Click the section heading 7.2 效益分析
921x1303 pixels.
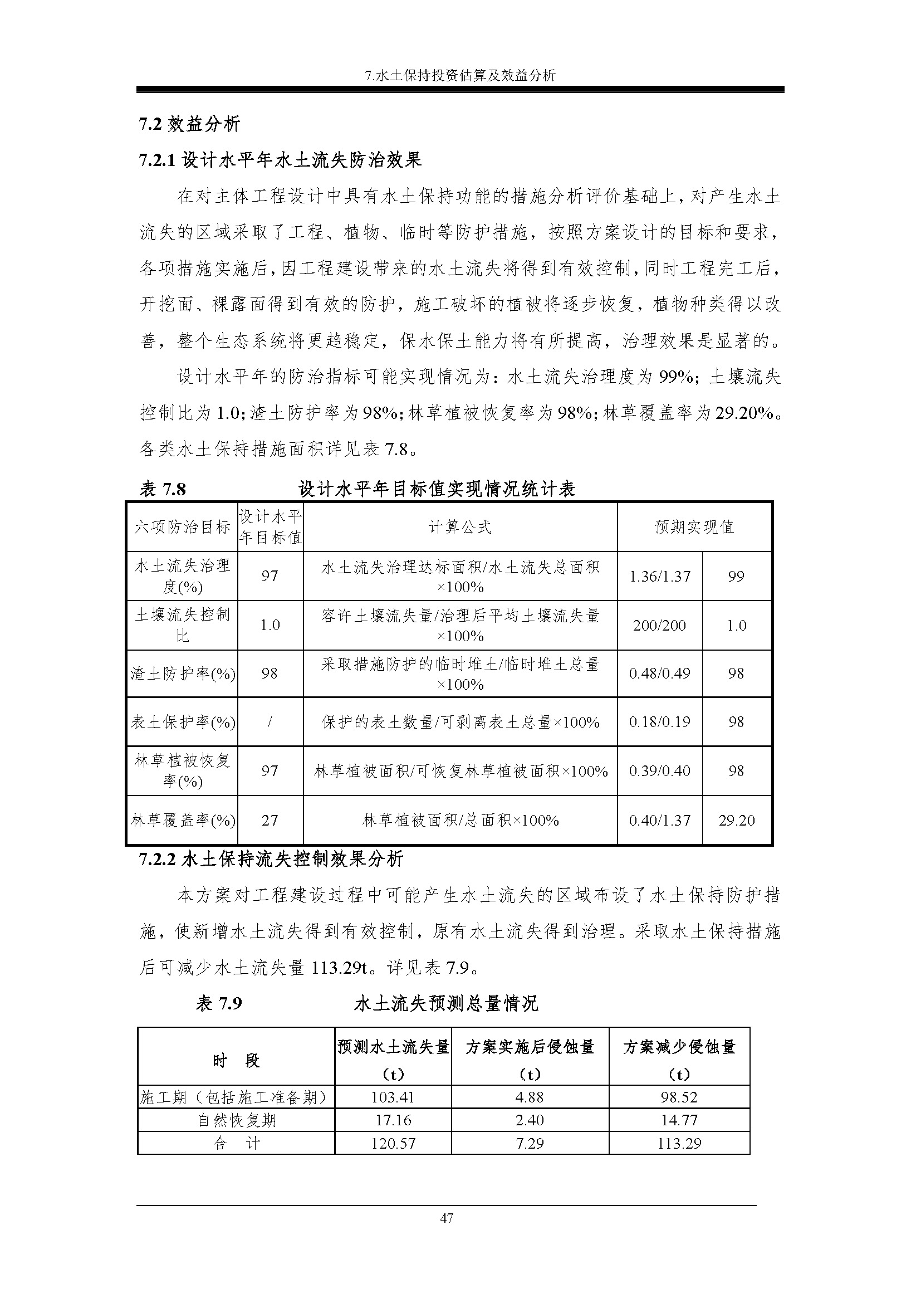point(189,124)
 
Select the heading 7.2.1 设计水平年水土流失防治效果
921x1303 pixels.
point(280,160)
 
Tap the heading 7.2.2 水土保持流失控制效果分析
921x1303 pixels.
point(271,858)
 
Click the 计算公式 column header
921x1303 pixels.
point(460,527)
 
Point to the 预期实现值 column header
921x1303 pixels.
point(694,527)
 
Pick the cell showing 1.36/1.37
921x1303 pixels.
point(659,577)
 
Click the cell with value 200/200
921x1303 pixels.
point(659,626)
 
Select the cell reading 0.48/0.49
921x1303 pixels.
point(659,674)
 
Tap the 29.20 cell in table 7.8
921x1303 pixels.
point(737,821)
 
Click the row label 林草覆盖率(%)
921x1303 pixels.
point(183,821)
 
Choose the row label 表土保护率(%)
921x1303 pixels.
point(183,723)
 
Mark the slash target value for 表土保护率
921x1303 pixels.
point(270,723)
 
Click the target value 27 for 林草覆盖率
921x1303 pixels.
point(270,821)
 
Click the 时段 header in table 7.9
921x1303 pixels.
point(237,1061)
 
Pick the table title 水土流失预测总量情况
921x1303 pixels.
point(446,1004)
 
